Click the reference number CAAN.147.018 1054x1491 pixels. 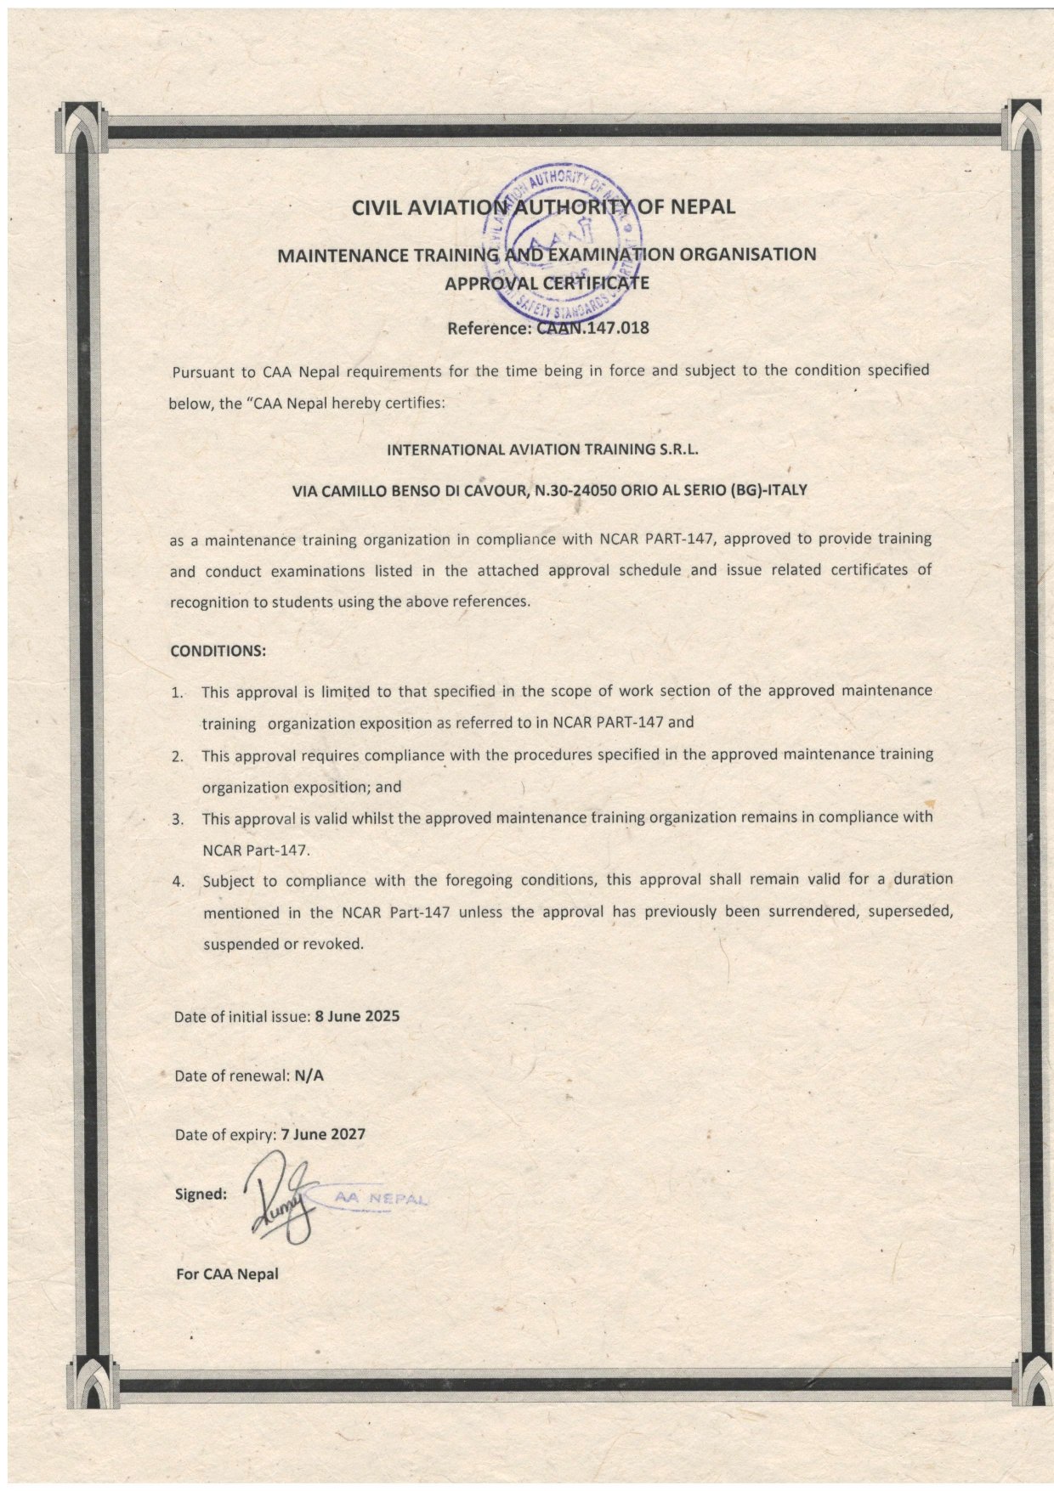593,327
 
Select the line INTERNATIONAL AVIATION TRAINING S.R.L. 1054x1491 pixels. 542,449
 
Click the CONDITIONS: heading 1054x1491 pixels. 218,651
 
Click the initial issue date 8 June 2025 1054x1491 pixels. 357,1016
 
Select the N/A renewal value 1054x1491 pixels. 309,1075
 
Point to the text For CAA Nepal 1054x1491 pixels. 226,1274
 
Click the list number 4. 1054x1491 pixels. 178,881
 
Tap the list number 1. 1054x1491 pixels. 178,692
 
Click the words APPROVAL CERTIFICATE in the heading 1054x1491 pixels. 547,283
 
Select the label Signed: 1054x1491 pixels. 201,1194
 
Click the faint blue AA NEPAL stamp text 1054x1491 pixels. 379,1196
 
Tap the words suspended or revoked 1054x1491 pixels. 283,943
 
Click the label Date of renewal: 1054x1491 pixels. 231,1076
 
